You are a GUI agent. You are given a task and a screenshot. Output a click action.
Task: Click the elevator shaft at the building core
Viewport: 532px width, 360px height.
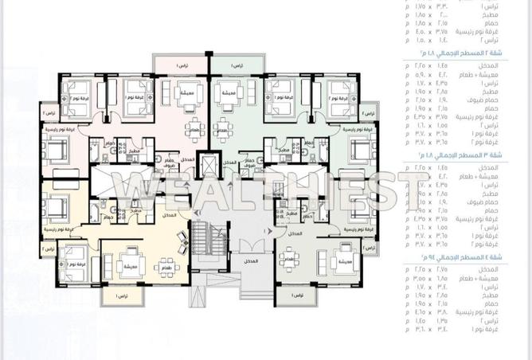(209, 165)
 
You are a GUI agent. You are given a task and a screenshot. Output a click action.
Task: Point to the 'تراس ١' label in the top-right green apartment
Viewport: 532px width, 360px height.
(238, 64)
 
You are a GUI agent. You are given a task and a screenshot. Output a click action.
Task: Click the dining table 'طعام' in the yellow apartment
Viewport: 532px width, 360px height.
(164, 265)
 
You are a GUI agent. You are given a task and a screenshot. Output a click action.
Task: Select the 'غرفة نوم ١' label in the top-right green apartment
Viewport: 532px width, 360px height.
(293, 96)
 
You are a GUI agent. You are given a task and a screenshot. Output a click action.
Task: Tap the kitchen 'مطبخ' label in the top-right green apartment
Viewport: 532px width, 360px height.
(284, 149)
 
